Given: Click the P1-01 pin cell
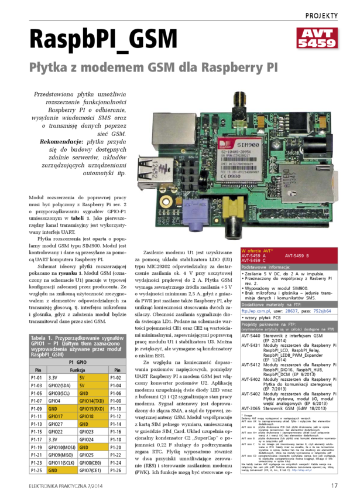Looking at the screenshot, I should [37, 378].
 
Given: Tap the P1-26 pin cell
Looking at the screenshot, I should [118, 470].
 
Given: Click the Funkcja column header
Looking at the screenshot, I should [77, 370].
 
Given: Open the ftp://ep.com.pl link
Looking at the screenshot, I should [256, 311].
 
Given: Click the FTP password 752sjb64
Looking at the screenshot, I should [323, 311].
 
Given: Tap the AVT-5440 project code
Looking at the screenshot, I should [251, 336].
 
